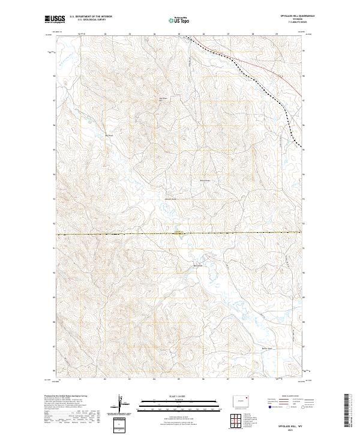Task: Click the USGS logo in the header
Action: point(53,20)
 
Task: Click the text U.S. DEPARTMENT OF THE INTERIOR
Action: point(91,17)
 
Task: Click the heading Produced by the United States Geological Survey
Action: point(69,395)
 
